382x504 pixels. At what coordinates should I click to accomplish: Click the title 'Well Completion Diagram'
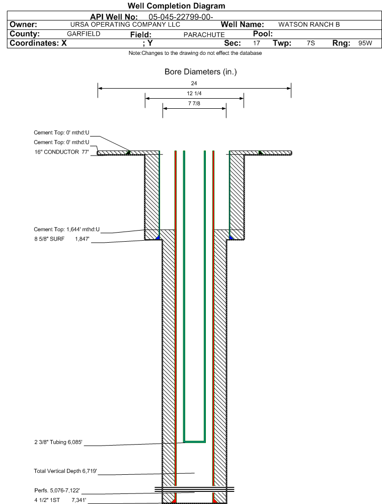click(176, 6)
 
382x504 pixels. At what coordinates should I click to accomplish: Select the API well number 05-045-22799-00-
click(181, 17)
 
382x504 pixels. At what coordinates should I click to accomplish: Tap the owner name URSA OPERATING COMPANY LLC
click(125, 25)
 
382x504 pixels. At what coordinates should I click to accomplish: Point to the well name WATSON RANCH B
click(309, 25)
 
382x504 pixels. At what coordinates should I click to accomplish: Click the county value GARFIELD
click(84, 34)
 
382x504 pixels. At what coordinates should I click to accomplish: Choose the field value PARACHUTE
click(204, 35)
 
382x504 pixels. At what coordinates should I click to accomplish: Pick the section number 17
click(256, 43)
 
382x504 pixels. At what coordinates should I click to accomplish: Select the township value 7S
click(311, 43)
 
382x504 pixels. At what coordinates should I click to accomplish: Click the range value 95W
click(365, 43)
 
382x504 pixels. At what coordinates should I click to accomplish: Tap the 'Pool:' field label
click(263, 34)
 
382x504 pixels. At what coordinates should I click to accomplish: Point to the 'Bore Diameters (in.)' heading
click(200, 71)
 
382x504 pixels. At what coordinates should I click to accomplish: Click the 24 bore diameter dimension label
click(194, 83)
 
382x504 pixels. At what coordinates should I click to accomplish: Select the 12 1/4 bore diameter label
click(194, 93)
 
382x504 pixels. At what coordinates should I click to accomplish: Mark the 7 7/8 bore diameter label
click(194, 103)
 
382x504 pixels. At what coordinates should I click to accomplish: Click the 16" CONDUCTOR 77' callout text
click(62, 152)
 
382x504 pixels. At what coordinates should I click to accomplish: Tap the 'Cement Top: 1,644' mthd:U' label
click(67, 229)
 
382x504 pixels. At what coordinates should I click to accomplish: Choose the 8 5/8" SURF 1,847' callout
click(62, 239)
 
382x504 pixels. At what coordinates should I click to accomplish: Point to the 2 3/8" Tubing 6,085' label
click(58, 442)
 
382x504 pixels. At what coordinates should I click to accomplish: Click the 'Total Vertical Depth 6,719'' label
click(65, 471)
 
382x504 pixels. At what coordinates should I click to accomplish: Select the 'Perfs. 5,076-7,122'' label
click(57, 490)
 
